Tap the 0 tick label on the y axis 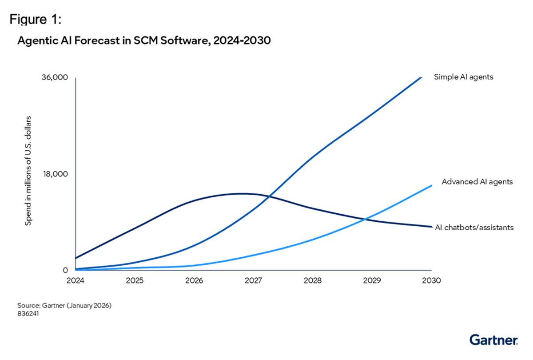(65, 270)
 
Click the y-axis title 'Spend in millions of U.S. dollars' (28, 171)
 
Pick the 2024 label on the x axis (76, 281)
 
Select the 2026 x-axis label (194, 281)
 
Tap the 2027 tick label (254, 281)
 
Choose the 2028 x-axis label (313, 281)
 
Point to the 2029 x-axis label (372, 281)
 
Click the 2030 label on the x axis (431, 281)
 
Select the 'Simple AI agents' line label (464, 77)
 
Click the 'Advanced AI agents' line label (477, 182)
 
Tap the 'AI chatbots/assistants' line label (474, 228)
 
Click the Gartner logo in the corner (493, 340)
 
